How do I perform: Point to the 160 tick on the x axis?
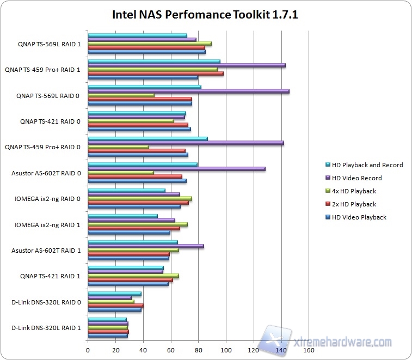tap(309, 350)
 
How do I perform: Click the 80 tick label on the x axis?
tap(198, 350)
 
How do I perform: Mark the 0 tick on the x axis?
tap(88, 350)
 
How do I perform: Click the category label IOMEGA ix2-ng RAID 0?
tap(48, 199)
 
